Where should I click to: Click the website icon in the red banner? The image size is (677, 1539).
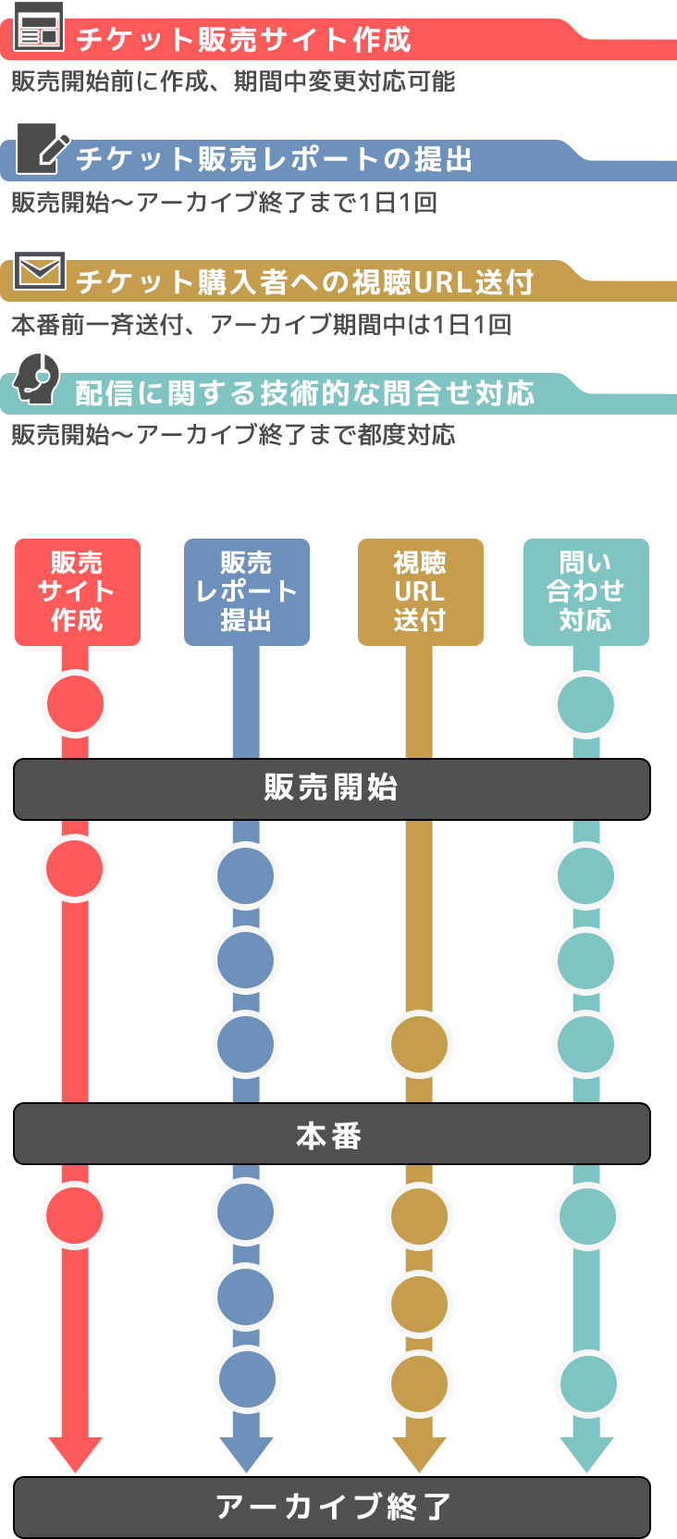click(x=39, y=26)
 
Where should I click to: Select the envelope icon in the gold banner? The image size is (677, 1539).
click(x=39, y=270)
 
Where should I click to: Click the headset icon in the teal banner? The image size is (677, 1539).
click(x=36, y=378)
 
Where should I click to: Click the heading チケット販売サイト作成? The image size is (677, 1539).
click(x=243, y=40)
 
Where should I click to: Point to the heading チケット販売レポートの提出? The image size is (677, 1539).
click(x=274, y=159)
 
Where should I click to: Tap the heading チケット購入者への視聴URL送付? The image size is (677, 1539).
click(x=304, y=281)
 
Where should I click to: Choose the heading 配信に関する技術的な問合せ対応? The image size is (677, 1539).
click(x=304, y=393)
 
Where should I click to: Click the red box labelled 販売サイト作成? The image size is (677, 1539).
click(x=77, y=592)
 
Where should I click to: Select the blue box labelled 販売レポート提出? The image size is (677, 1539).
click(x=246, y=592)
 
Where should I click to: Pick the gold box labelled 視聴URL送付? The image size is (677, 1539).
click(x=420, y=592)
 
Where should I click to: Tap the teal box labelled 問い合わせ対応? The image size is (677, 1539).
click(x=585, y=592)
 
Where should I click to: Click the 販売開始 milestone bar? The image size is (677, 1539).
click(x=330, y=788)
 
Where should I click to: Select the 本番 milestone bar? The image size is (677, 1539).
click(x=330, y=1135)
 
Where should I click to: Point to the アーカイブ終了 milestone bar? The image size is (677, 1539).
click(x=330, y=1507)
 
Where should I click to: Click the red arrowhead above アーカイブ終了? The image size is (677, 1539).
click(x=75, y=1453)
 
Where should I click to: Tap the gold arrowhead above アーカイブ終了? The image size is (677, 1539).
click(x=419, y=1453)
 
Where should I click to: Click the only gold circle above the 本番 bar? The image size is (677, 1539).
click(x=419, y=1045)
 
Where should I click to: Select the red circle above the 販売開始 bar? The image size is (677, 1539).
click(x=77, y=704)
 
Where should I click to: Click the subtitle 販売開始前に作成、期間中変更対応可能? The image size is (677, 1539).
click(x=233, y=81)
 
